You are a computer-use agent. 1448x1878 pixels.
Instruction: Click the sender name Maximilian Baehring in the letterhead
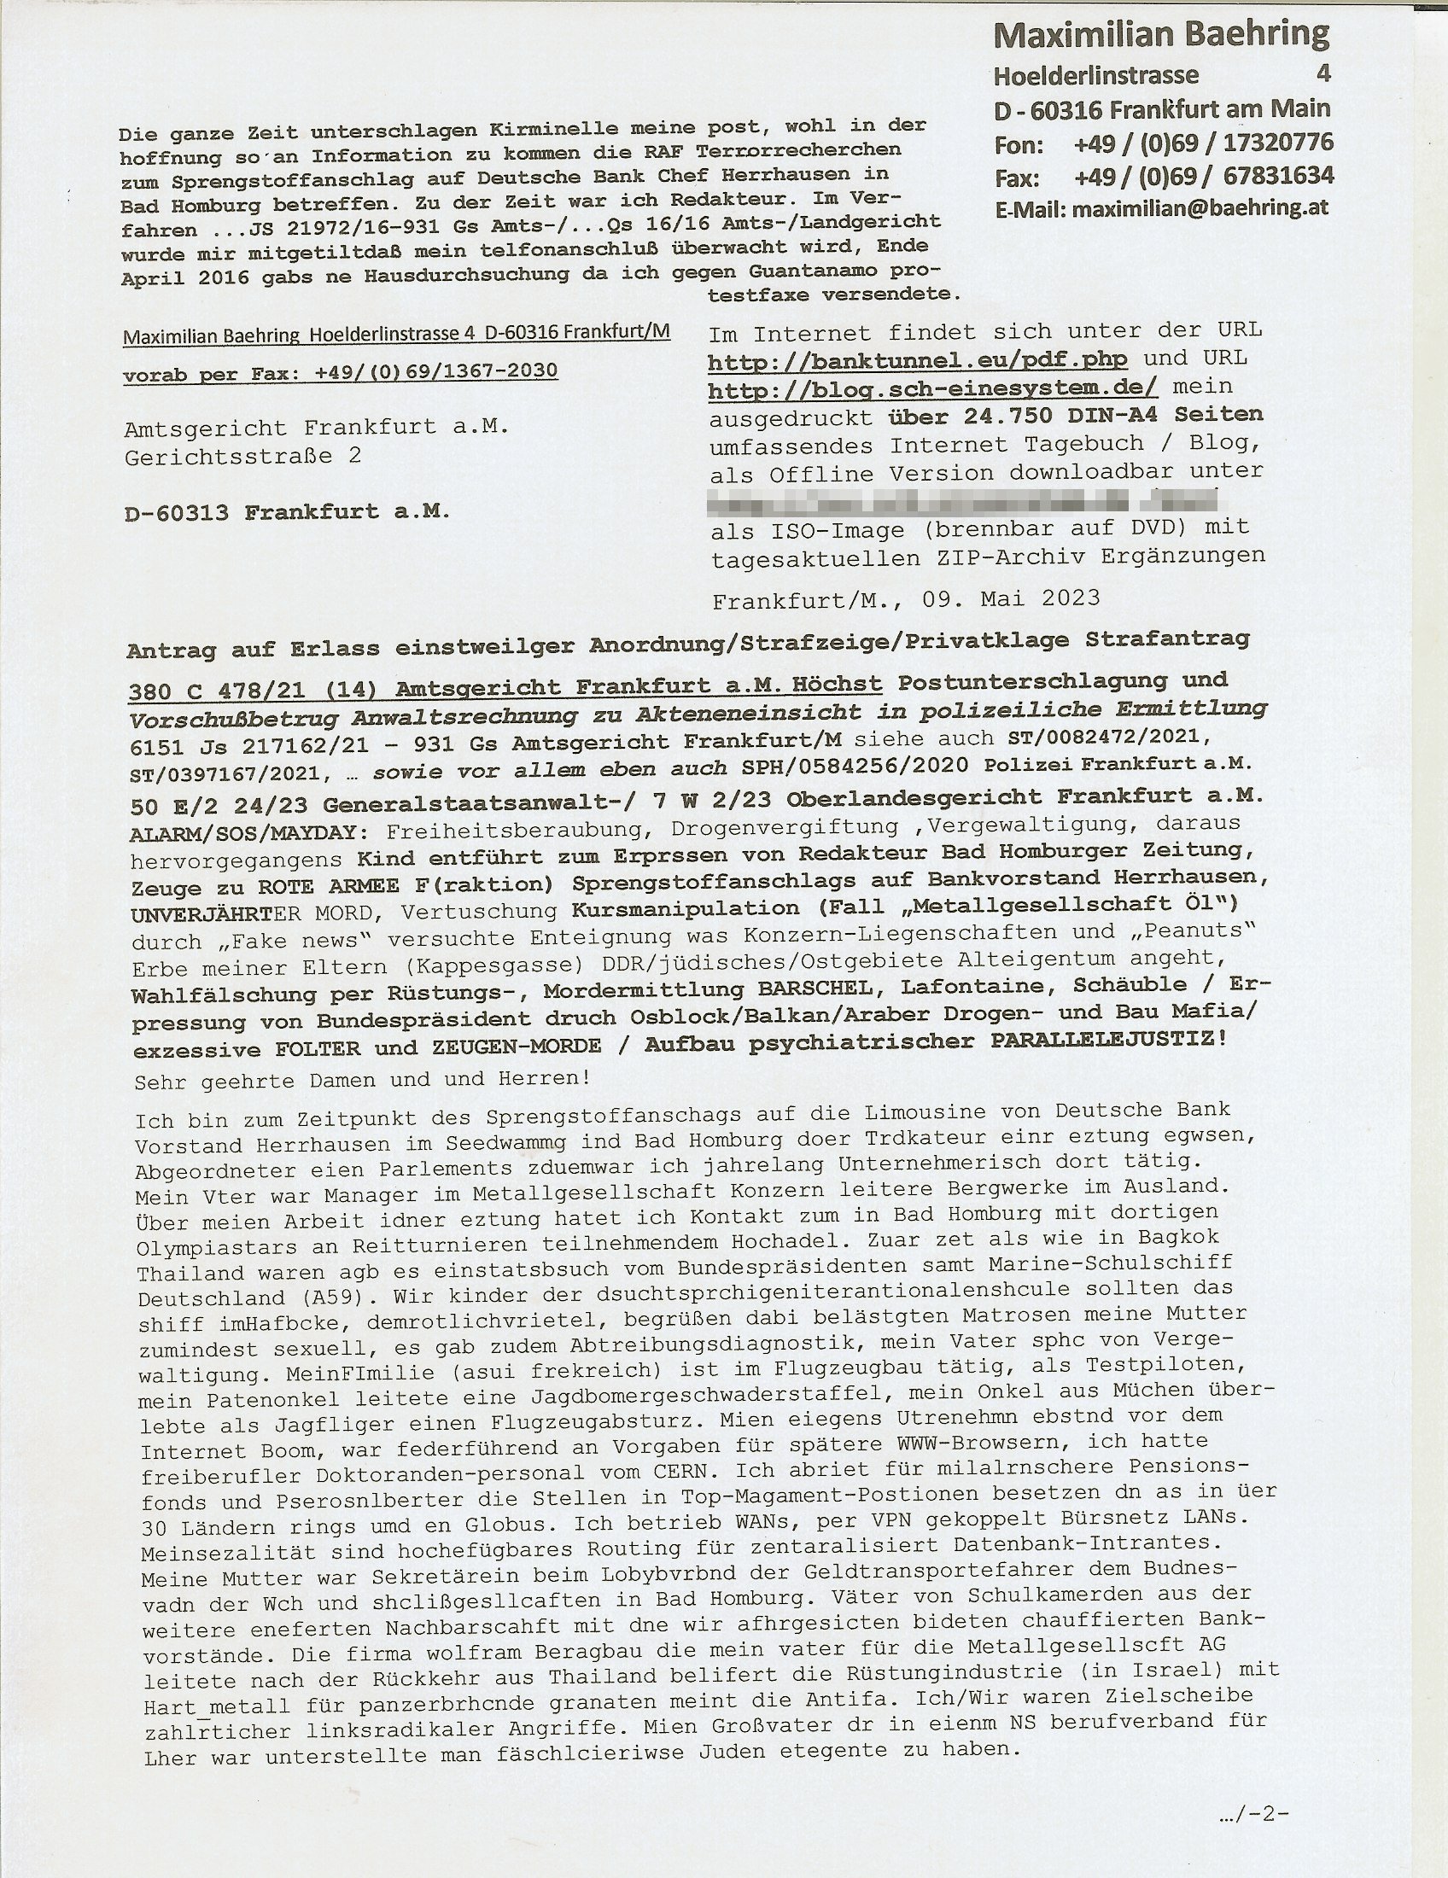(x=1161, y=34)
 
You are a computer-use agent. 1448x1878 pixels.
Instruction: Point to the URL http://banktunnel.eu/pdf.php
(x=918, y=360)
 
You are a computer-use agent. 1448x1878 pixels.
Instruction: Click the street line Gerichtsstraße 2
(x=242, y=457)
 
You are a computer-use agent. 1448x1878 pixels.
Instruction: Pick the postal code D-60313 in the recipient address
(x=176, y=512)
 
